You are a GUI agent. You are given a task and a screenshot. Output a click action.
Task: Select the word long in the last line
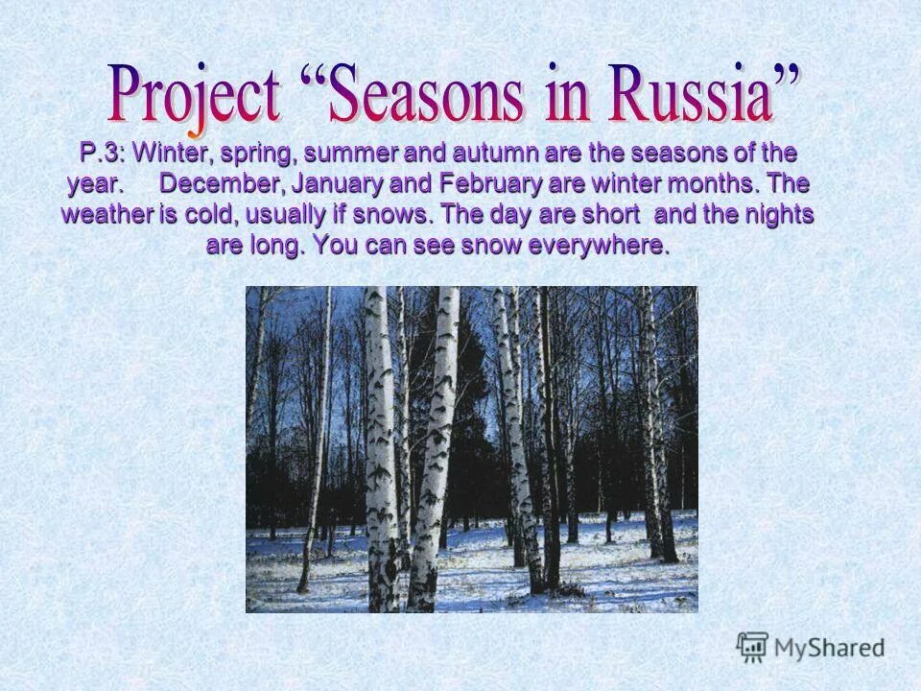pyautogui.click(x=278, y=244)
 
